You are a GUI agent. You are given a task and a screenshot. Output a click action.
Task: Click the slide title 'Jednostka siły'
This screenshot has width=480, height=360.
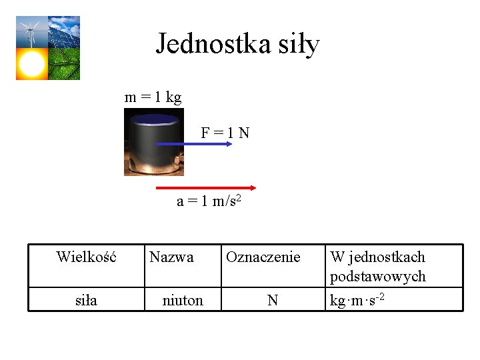tap(238, 45)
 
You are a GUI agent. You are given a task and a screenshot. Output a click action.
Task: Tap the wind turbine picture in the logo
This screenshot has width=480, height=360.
tap(31, 32)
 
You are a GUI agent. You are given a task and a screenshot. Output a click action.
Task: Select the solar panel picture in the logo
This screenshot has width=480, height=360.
tap(64, 32)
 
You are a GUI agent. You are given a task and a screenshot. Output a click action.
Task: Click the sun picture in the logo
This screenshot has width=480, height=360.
tap(31, 64)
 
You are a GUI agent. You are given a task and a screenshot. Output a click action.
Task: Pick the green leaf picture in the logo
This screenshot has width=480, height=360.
tap(64, 64)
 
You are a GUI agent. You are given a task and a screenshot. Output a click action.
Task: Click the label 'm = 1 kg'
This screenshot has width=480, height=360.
tap(153, 97)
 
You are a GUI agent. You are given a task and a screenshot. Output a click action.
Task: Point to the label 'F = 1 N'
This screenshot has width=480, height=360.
tap(225, 133)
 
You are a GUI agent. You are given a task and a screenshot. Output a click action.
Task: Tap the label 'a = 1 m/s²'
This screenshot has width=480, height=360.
tap(207, 201)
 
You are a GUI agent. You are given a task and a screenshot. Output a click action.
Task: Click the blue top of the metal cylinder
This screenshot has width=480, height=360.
tap(155, 121)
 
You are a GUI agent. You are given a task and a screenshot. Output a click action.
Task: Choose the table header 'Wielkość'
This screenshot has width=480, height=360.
tap(86, 257)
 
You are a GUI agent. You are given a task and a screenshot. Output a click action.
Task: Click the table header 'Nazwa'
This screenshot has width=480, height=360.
tap(171, 257)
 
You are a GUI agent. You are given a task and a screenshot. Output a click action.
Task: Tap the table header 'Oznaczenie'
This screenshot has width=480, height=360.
tap(263, 257)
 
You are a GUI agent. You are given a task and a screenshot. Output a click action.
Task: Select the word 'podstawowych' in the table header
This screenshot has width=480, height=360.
tap(377, 276)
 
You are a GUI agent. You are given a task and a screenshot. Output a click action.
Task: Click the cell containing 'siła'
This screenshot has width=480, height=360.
tap(86, 301)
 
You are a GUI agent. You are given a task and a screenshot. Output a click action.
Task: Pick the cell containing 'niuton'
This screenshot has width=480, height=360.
tap(183, 301)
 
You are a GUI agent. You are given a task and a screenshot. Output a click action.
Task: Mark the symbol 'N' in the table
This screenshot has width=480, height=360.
tap(272, 301)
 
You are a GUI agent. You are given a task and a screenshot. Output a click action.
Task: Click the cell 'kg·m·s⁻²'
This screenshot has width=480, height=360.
tap(357, 301)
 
